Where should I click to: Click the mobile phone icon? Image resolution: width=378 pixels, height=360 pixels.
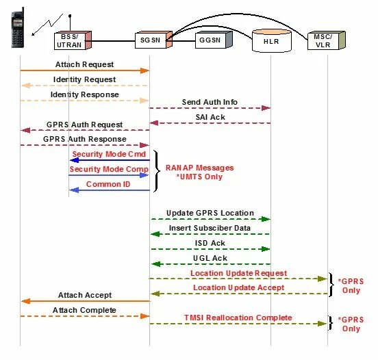click(18, 27)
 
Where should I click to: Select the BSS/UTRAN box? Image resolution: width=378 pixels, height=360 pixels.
click(73, 40)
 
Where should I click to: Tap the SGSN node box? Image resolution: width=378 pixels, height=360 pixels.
click(153, 40)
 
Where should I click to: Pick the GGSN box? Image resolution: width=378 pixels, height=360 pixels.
click(214, 40)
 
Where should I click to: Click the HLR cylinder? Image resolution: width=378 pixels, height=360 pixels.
click(272, 40)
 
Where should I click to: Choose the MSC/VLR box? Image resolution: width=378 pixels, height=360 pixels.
click(327, 40)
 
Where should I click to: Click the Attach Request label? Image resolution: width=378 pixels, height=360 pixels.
click(84, 64)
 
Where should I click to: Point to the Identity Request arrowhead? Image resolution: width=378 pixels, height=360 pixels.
click(25, 86)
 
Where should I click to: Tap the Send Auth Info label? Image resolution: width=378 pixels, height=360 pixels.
click(210, 102)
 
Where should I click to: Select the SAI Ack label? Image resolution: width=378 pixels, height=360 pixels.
click(210, 117)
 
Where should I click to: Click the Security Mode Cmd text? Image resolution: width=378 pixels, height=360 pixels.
click(109, 154)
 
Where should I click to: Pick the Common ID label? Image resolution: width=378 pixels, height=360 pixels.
click(108, 184)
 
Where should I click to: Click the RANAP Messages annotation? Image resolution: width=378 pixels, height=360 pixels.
click(199, 168)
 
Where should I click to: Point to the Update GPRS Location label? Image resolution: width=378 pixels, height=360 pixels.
click(210, 213)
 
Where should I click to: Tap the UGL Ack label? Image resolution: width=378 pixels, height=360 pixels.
click(210, 258)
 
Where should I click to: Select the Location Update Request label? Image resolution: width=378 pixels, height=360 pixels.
click(239, 273)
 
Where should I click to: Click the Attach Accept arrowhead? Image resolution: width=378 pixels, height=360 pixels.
click(25, 301)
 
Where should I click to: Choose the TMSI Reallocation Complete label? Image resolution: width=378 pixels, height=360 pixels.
click(238, 318)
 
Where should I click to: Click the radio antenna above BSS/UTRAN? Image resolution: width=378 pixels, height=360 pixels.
click(70, 23)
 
